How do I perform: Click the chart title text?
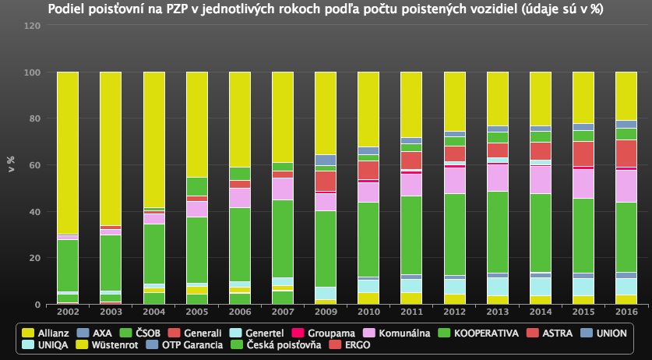click(x=326, y=9)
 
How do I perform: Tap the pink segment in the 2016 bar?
click(x=626, y=185)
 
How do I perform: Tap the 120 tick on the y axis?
click(x=32, y=26)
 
